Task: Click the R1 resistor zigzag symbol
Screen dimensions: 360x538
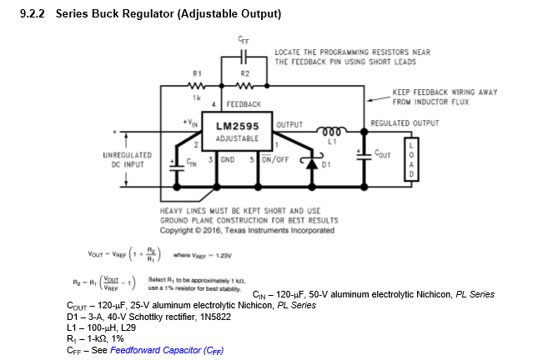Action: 198,85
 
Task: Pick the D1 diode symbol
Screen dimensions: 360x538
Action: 314,164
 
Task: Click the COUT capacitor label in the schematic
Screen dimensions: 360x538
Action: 382,154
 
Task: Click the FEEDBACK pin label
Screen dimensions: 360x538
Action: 244,104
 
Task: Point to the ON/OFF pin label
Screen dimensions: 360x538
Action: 274,158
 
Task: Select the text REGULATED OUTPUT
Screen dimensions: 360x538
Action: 405,122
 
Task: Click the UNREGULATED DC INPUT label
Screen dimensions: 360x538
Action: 127,159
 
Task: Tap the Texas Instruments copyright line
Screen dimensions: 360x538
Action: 248,230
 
